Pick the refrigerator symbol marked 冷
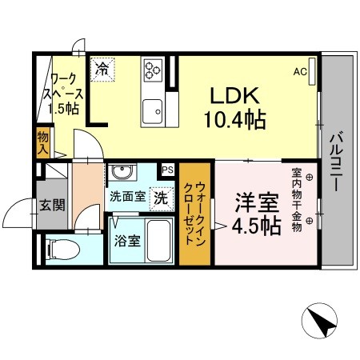103,70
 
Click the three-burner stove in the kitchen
153,70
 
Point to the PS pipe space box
168,170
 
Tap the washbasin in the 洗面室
122,173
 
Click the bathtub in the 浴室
161,240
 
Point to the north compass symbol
322,323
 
